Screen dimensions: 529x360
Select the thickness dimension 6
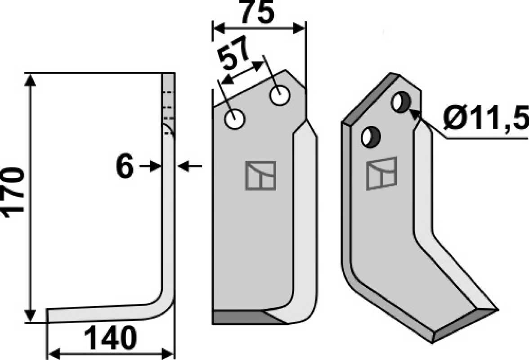[x=125, y=166]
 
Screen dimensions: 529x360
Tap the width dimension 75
[x=257, y=12]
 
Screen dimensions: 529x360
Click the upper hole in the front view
[x=280, y=95]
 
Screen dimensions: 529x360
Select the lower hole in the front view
[x=235, y=119]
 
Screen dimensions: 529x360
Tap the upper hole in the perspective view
[x=401, y=102]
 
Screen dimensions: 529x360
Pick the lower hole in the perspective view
[x=371, y=137]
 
